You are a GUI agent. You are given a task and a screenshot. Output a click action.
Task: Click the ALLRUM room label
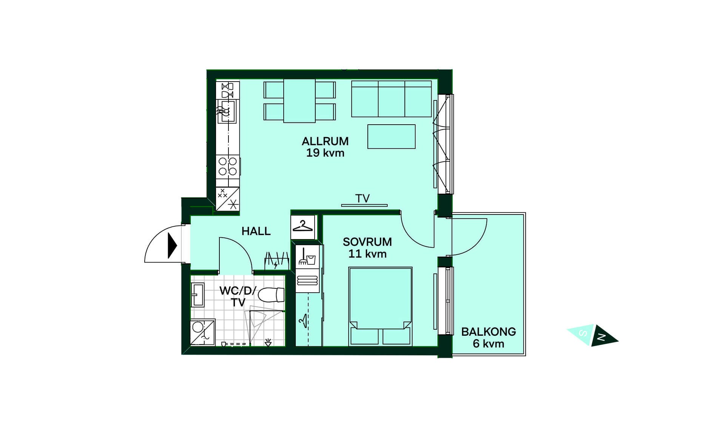point(325,141)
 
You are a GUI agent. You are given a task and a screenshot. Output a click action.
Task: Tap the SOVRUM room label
point(367,242)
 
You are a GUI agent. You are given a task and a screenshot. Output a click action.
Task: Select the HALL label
point(256,231)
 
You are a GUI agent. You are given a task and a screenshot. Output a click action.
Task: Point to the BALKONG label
point(489,332)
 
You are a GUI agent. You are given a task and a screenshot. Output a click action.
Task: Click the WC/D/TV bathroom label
point(238,296)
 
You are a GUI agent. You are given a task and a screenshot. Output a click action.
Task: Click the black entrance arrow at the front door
point(172,245)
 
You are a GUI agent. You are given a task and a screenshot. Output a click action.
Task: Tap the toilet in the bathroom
point(271,295)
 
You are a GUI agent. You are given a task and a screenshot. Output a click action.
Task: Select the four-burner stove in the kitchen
point(228,167)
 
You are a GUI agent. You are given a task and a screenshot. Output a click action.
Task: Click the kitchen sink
point(228,111)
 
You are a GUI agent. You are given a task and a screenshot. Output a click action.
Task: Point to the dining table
point(299,101)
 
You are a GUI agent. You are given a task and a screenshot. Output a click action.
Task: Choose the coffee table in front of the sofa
point(392,136)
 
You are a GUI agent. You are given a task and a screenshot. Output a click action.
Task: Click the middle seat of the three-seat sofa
point(392,99)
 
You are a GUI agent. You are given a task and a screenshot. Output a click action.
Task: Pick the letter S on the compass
point(583,333)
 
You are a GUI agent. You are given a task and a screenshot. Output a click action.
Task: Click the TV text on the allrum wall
point(362,198)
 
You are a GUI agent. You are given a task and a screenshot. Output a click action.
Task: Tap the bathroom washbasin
point(197,295)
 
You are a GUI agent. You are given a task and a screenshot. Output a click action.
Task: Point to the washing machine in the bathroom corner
point(203,332)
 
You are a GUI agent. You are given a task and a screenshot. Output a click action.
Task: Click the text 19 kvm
point(325,153)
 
